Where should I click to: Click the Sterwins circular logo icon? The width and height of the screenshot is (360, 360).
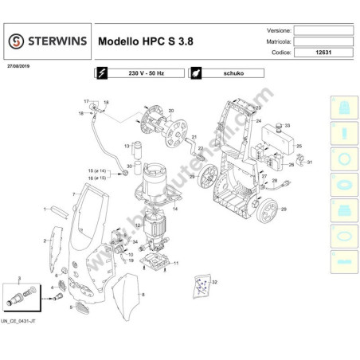click(x=16, y=40)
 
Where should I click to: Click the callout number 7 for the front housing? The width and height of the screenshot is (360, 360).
click(x=72, y=194)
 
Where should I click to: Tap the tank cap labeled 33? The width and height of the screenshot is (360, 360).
click(x=279, y=127)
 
